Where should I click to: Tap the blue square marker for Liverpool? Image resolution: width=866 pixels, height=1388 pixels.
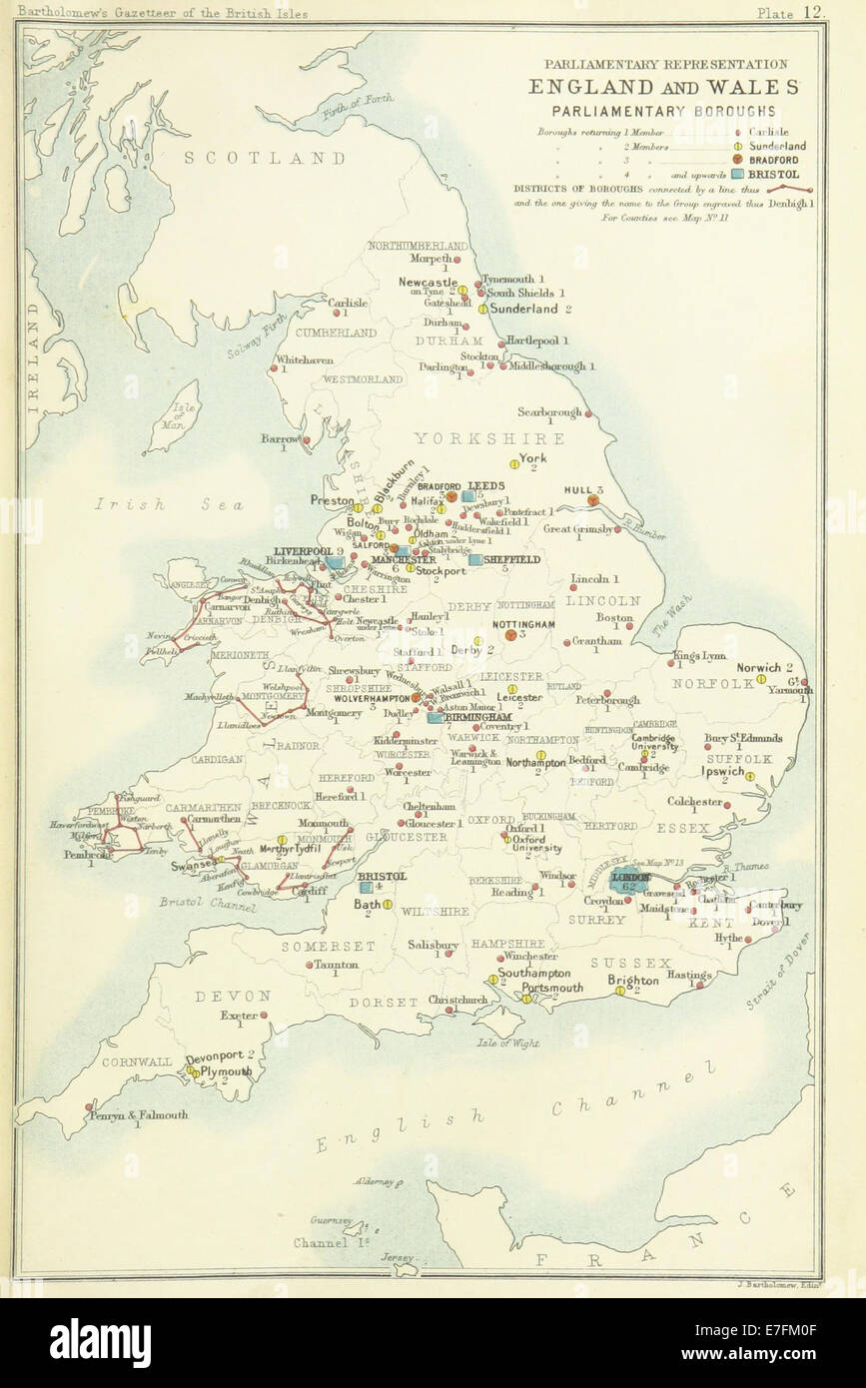point(335,563)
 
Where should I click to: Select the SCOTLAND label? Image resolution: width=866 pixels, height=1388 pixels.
point(264,158)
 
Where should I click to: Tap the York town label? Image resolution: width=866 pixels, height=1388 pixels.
point(532,458)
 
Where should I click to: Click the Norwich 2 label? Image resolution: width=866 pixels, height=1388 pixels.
point(764,667)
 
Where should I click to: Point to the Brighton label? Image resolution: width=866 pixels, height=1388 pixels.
point(633,980)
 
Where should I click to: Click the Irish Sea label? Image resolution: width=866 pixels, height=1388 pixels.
point(171,505)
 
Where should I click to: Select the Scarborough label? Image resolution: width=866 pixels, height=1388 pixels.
point(549,411)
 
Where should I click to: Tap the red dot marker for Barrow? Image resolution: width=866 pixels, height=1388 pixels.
point(308,439)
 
